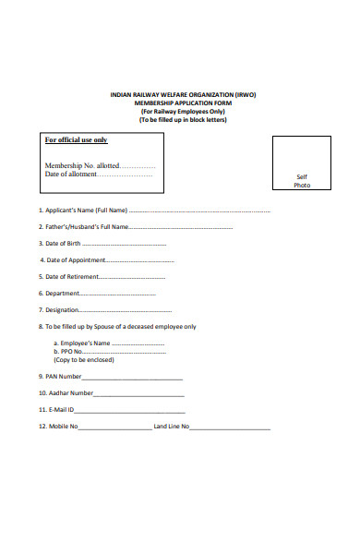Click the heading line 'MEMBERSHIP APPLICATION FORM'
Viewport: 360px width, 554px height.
182,102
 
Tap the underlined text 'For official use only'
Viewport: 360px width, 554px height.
77,140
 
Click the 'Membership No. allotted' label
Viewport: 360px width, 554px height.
82,165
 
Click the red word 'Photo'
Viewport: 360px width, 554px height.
302,186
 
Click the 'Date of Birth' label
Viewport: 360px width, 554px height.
60,244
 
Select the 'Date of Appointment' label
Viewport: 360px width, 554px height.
67,260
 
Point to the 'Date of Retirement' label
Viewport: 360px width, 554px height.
67,277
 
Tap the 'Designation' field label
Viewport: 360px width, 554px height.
59,310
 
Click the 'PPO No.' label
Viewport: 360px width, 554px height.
71,352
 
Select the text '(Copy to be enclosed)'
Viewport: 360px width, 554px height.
80,360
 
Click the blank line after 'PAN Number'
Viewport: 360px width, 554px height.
133,378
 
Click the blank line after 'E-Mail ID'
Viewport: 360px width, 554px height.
129,411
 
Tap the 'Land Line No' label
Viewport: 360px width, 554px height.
171,427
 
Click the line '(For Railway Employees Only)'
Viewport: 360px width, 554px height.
182,111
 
